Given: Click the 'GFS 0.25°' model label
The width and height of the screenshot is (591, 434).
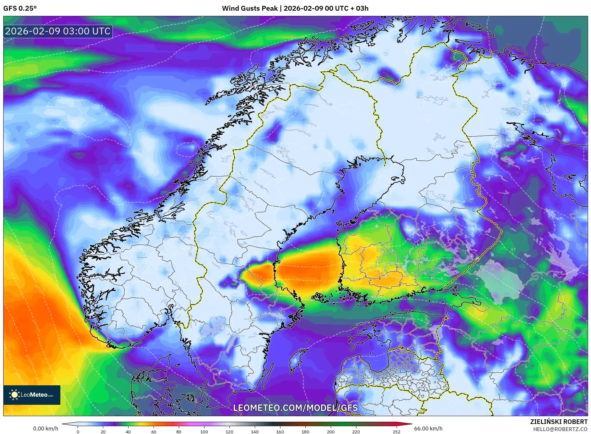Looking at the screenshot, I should [20, 8].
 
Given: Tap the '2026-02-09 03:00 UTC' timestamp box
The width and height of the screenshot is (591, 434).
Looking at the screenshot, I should [58, 31].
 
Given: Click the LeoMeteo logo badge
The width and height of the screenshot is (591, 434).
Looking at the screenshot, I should [32, 395].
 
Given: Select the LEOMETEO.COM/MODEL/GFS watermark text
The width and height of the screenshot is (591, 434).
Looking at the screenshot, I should [295, 408].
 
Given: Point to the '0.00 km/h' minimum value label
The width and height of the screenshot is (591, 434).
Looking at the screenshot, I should [46, 428].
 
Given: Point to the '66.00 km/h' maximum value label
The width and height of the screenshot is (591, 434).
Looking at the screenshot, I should [428, 428].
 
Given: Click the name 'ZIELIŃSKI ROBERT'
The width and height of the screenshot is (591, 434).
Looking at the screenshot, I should [559, 422].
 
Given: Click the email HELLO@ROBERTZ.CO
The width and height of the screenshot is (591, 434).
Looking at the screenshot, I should [560, 429].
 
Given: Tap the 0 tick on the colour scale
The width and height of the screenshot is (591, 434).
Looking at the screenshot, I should [78, 432].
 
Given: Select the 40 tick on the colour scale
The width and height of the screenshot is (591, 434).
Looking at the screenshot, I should [128, 432].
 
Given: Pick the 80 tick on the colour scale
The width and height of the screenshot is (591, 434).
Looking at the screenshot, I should [179, 432].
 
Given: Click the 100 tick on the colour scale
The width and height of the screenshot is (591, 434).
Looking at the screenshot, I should [204, 432].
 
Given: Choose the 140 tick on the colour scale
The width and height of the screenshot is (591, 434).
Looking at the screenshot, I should [255, 432].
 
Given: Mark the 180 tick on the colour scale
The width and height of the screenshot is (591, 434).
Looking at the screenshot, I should [305, 432].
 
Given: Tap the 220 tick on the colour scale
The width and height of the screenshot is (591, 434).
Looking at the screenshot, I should [356, 432].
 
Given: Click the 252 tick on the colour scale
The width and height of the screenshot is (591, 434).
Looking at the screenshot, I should [397, 432].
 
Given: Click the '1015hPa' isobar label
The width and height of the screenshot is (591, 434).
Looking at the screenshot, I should [82, 48].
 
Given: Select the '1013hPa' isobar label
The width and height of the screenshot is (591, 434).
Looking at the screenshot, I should [82, 70].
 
